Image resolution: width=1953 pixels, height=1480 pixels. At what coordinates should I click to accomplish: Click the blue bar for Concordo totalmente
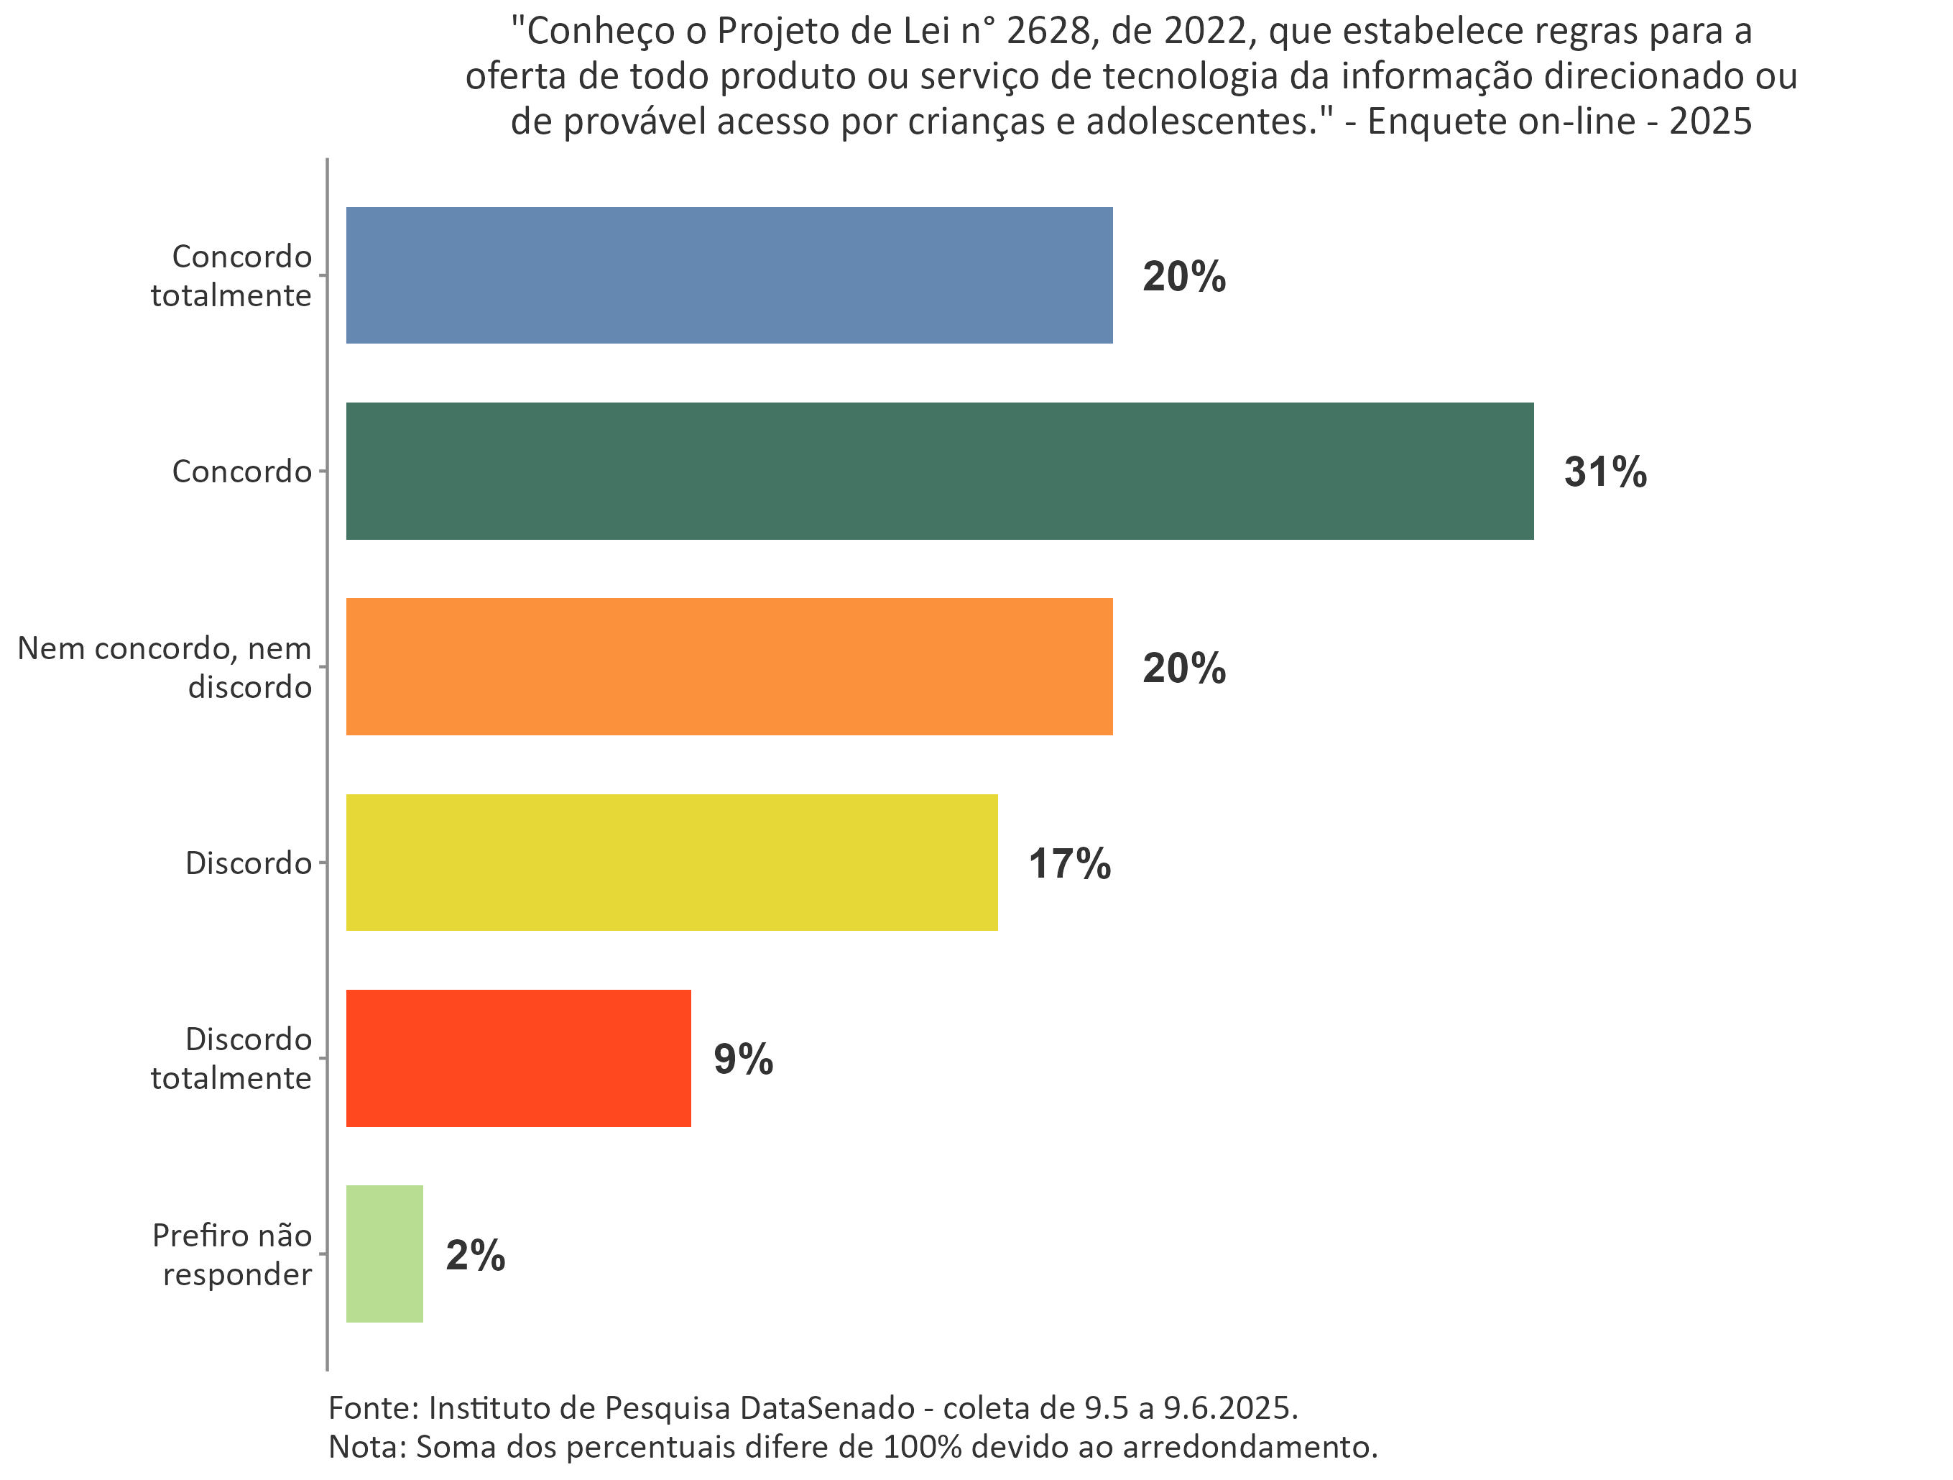[x=729, y=275]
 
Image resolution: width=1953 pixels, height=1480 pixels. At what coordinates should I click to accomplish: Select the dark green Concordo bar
[x=938, y=471]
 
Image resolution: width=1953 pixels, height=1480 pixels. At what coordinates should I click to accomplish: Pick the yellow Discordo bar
[x=671, y=862]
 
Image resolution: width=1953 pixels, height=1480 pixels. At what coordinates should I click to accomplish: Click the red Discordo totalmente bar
[x=517, y=1058]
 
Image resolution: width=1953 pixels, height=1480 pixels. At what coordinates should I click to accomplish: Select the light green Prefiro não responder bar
[x=384, y=1254]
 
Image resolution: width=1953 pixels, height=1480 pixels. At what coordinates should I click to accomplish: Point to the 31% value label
[x=1605, y=472]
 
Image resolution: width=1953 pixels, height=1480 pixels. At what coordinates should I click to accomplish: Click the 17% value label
[x=1068, y=863]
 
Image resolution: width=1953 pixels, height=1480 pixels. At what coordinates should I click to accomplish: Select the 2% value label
[x=475, y=1255]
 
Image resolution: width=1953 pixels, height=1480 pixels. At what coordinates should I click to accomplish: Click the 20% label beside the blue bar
[x=1183, y=277]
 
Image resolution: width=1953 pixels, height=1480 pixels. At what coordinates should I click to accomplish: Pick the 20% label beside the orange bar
[x=1183, y=668]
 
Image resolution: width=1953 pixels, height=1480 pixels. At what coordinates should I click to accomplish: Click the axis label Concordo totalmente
[x=231, y=275]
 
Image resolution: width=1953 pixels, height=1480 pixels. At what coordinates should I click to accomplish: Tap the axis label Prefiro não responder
[x=233, y=1254]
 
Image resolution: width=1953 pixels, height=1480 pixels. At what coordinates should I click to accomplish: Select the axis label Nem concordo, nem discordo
[x=165, y=667]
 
